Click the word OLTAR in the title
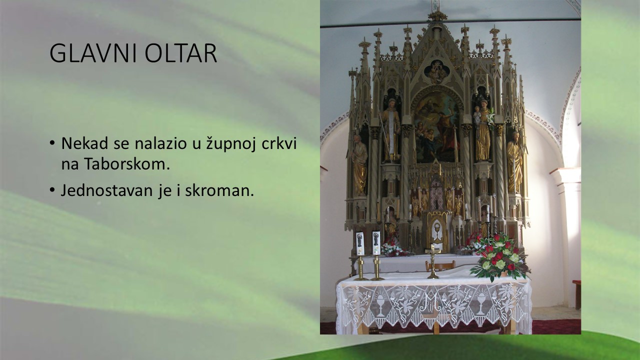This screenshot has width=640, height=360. (x=181, y=53)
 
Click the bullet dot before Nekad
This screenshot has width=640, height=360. (x=51, y=142)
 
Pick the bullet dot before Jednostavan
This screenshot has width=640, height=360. (x=51, y=189)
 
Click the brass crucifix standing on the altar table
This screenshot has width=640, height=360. (x=433, y=261)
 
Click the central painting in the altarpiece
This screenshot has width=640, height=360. (x=436, y=127)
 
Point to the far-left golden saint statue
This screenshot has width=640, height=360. (x=359, y=165)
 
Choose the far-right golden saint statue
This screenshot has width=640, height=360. (x=514, y=162)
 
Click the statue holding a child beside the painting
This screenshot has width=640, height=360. (x=482, y=131)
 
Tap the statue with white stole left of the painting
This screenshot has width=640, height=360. (x=391, y=130)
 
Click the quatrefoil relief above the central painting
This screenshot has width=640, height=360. (x=436, y=71)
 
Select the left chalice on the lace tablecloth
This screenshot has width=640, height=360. (x=380, y=305)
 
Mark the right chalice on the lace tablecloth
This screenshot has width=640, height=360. (x=481, y=304)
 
